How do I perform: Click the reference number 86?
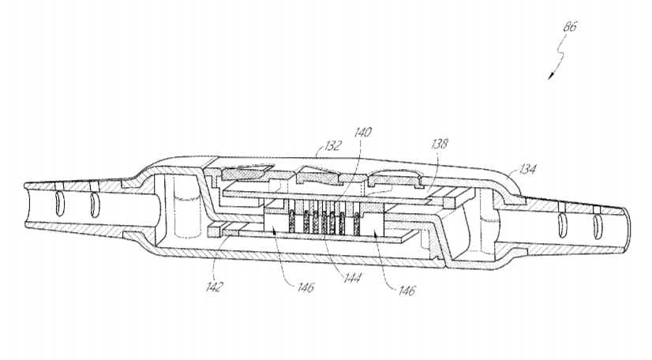[x=570, y=27]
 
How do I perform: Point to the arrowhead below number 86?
[x=551, y=75]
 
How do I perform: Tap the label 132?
[x=332, y=145]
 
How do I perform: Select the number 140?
[x=362, y=133]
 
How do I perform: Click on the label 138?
[x=439, y=144]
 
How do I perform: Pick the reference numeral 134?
[x=526, y=169]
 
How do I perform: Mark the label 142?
[x=215, y=287]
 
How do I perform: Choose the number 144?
[x=352, y=278]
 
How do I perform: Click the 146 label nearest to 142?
[x=305, y=287]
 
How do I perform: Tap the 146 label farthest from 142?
[x=407, y=291]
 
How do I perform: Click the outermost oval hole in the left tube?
[x=59, y=204]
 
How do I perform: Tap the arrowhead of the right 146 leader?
[x=376, y=235]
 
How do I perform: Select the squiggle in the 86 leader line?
[x=561, y=54]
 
